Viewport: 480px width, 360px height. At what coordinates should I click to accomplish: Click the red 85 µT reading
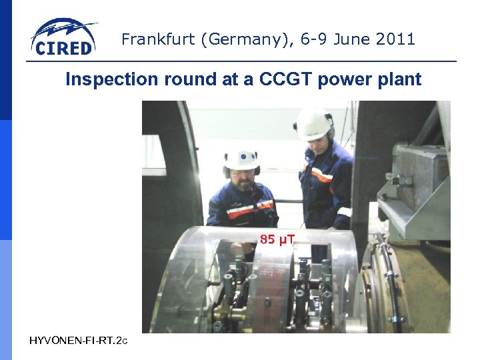277,239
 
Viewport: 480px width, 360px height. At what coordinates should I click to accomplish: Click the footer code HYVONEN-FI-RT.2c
77,341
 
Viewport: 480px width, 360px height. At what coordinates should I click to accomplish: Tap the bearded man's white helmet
241,159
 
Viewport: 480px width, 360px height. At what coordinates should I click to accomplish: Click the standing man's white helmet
313,123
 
